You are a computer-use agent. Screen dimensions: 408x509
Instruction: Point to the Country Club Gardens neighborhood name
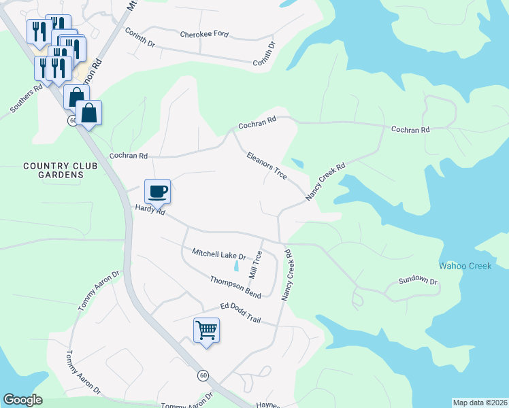tap(52, 170)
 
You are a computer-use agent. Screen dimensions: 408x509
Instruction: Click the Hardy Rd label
tap(150, 210)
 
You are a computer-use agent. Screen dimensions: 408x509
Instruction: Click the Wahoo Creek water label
tap(465, 266)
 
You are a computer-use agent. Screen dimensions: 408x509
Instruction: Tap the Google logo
tap(23, 400)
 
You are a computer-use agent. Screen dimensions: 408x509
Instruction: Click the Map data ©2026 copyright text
tap(480, 403)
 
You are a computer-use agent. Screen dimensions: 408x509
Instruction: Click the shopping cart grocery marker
tap(206, 330)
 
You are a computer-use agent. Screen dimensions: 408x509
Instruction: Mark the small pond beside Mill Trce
tap(236, 267)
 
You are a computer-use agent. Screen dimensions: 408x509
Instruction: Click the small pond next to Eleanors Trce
tap(297, 163)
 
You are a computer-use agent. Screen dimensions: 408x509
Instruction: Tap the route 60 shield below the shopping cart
tap(203, 375)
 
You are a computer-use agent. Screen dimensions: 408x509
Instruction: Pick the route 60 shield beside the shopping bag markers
tap(72, 120)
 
